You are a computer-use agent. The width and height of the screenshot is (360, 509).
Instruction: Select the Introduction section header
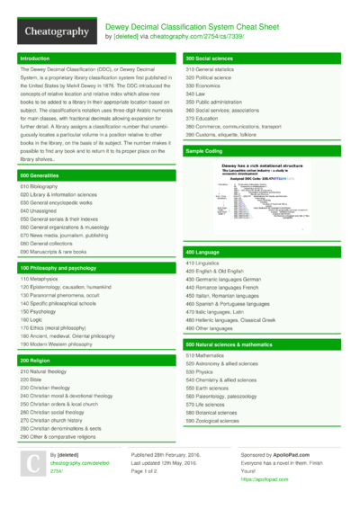pyautogui.click(x=37, y=58)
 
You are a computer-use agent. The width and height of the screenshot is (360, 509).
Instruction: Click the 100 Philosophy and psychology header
pyautogui.click(x=58, y=268)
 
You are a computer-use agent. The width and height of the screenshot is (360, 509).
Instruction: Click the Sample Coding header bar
pyautogui.click(x=204, y=151)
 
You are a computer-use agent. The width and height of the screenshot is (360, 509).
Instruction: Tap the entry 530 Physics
pyautogui.click(x=200, y=371)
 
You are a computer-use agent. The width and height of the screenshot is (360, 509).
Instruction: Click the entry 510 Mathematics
pyautogui.click(x=205, y=355)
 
